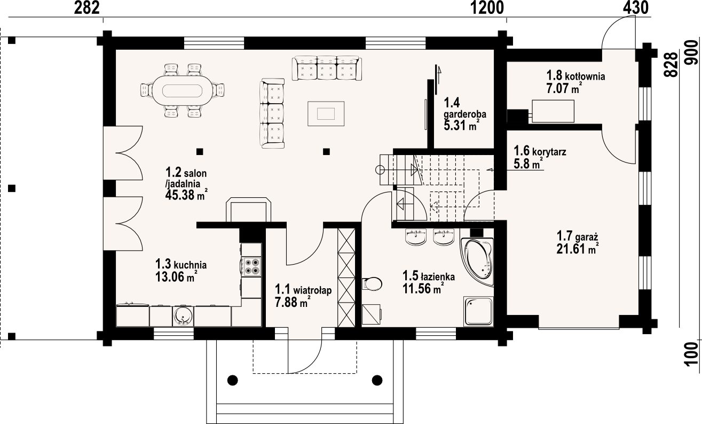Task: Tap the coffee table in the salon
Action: tap(326, 113)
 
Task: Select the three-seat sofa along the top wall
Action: tap(327, 68)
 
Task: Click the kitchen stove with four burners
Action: tap(251, 266)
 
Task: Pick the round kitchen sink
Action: tap(183, 316)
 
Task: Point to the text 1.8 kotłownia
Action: tap(575, 76)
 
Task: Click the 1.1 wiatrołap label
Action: tap(303, 290)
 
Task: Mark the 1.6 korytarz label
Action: tap(540, 152)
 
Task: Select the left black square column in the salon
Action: tap(199, 151)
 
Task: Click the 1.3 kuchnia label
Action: tap(181, 264)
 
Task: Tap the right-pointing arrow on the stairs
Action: tap(414, 171)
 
